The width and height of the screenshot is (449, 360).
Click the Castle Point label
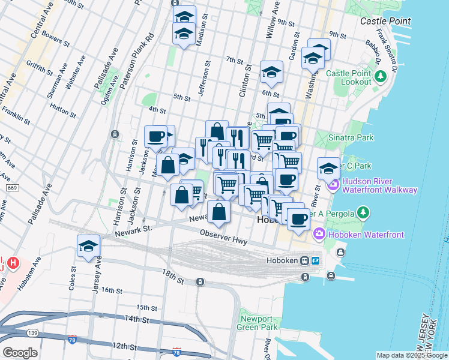click(385, 21)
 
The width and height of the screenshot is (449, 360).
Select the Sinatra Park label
click(351, 137)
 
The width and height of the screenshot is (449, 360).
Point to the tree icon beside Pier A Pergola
click(363, 212)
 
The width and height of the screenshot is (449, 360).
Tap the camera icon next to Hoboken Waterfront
click(318, 235)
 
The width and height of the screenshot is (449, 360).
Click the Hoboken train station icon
click(305, 261)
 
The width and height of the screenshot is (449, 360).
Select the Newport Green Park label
click(259, 323)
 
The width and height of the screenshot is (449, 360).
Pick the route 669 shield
click(12, 188)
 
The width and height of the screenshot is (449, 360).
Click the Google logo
click(20, 353)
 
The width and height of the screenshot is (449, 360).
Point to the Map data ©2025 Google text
click(412, 355)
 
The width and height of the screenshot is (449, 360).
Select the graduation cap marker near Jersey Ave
click(88, 246)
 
